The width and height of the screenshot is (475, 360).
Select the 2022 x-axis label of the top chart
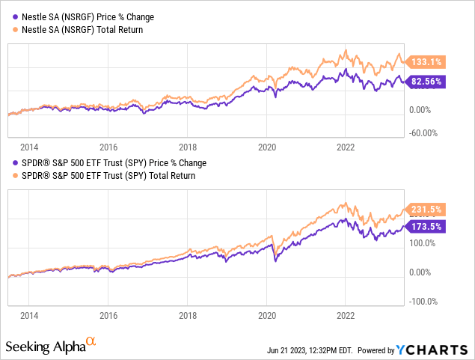coord(345,147)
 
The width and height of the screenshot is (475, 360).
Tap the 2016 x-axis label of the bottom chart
coord(108,315)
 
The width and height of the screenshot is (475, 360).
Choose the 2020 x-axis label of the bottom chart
coord(266,315)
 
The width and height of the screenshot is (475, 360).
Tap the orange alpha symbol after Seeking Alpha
coord(91,341)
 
